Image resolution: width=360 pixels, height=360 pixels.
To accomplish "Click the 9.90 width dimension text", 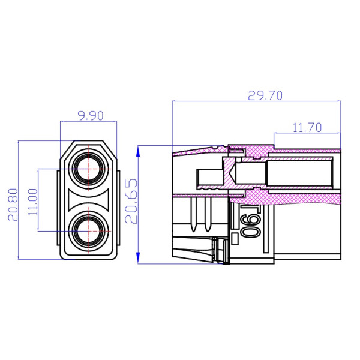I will tap(88, 116).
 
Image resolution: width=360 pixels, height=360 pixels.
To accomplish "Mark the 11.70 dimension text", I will tap(307, 127).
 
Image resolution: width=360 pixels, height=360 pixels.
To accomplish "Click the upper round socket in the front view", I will tap(88, 169).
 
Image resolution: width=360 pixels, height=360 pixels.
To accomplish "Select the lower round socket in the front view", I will tap(88, 230).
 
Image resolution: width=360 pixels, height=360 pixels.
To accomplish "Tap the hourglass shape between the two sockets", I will tap(88, 199).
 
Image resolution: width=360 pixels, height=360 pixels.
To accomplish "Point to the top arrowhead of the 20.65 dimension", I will tap(139, 149).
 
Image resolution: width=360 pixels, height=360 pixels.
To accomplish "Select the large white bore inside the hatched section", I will tap(300, 172).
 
